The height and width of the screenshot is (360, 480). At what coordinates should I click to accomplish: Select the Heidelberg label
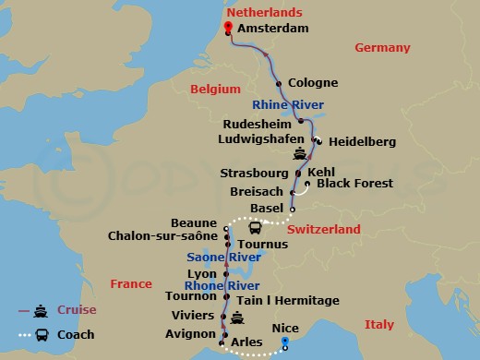pyautogui.click(x=362, y=141)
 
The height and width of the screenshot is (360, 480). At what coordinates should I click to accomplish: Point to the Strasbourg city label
pyautogui.click(x=255, y=173)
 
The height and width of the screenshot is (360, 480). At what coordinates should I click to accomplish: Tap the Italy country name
pyautogui.click(x=378, y=324)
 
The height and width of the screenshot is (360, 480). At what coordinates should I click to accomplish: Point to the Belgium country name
pyautogui.click(x=210, y=89)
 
